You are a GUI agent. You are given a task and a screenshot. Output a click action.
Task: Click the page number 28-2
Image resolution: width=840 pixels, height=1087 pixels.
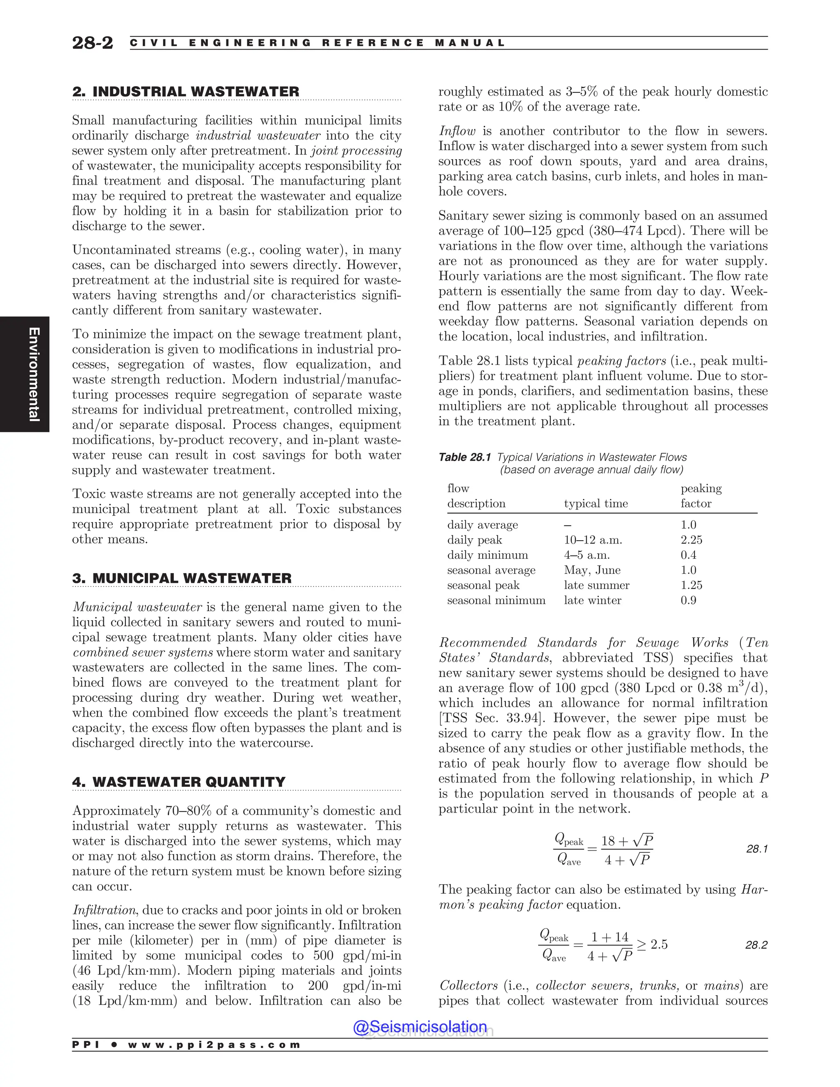point(93,43)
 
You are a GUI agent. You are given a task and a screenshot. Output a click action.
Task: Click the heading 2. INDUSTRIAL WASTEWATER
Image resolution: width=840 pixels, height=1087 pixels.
point(186,91)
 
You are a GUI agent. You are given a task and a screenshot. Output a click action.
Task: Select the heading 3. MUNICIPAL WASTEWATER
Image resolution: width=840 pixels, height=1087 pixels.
point(182,578)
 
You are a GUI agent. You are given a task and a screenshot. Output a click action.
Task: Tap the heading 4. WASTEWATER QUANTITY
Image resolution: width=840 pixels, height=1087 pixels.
point(179,782)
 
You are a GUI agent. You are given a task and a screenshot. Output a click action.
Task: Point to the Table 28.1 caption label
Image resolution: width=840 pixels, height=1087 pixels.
point(464,457)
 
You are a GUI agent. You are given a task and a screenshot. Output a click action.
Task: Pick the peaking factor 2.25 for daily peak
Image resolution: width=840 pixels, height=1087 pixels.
point(691,540)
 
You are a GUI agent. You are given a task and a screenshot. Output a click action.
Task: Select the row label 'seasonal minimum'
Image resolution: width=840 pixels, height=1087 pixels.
point(496,600)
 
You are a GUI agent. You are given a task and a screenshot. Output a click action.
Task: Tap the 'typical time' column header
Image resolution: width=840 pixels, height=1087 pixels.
point(596,504)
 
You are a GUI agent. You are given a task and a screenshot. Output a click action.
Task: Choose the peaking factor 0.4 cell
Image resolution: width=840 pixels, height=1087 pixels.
point(688,555)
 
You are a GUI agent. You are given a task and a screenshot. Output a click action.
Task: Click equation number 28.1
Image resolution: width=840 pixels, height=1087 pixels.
point(757,849)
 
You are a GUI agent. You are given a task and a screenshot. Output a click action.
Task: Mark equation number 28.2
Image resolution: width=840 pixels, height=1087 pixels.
point(756,945)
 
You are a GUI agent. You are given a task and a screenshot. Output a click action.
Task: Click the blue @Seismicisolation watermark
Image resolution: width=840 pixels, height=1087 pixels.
point(420,1027)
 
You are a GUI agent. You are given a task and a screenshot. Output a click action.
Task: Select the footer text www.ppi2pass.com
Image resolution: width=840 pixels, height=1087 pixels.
point(214,1045)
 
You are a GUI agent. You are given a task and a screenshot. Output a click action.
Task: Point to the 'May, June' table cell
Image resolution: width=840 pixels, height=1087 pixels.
point(592,571)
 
